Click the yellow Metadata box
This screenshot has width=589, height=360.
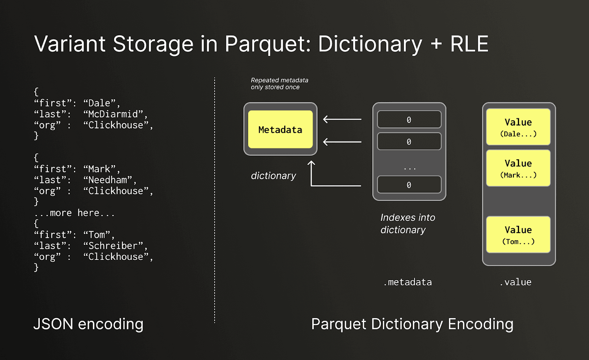point(280,130)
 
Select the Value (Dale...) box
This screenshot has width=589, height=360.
point(518,127)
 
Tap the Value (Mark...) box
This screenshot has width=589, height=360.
point(518,168)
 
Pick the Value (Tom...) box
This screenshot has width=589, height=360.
point(518,234)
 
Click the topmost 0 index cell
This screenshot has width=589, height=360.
point(409,120)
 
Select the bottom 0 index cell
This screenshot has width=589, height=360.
point(409,185)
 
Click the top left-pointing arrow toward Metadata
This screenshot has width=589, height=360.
point(342,119)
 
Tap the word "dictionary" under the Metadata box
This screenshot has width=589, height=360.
point(273,176)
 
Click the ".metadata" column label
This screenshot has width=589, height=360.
point(408,282)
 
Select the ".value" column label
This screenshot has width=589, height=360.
point(515,282)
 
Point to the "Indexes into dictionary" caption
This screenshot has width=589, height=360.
point(408,223)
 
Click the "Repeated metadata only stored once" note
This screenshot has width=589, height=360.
point(279,84)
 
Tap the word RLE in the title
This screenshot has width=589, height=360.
point(469,44)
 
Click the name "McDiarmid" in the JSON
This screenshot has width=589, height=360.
point(113,114)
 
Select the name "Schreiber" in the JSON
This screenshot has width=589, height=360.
point(113,246)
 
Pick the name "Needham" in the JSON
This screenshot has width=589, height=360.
point(107,180)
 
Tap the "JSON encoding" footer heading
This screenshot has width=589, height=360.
point(88,324)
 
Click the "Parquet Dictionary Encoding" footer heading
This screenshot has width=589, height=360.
point(412,324)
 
